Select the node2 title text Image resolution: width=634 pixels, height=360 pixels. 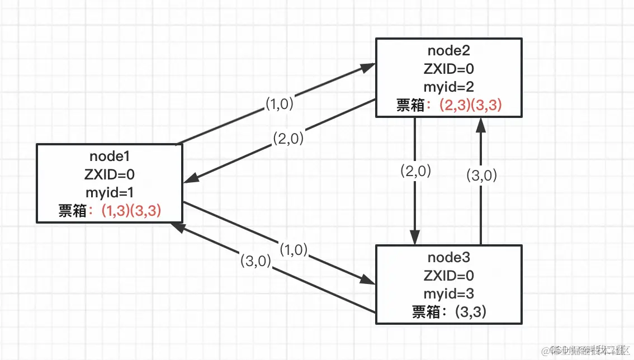(x=448, y=50)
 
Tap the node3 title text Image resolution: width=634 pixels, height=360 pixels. (x=448, y=258)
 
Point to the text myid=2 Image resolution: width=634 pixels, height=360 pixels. (x=448, y=87)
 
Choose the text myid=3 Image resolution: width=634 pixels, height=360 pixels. (x=448, y=293)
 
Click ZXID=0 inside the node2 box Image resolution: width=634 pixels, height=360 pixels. (x=448, y=69)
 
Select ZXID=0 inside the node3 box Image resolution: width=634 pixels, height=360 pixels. (x=448, y=276)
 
